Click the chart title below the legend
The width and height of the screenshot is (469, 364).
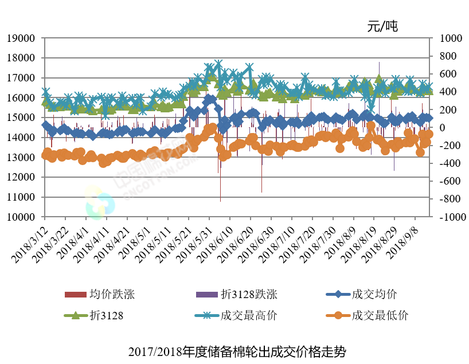point(237,350)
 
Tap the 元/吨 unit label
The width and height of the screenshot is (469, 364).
point(382,26)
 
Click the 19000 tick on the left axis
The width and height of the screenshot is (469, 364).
point(21,38)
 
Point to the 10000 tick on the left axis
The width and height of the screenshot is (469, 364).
point(21,217)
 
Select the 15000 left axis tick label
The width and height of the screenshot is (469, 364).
point(21,118)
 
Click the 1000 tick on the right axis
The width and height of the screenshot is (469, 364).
point(450,38)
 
